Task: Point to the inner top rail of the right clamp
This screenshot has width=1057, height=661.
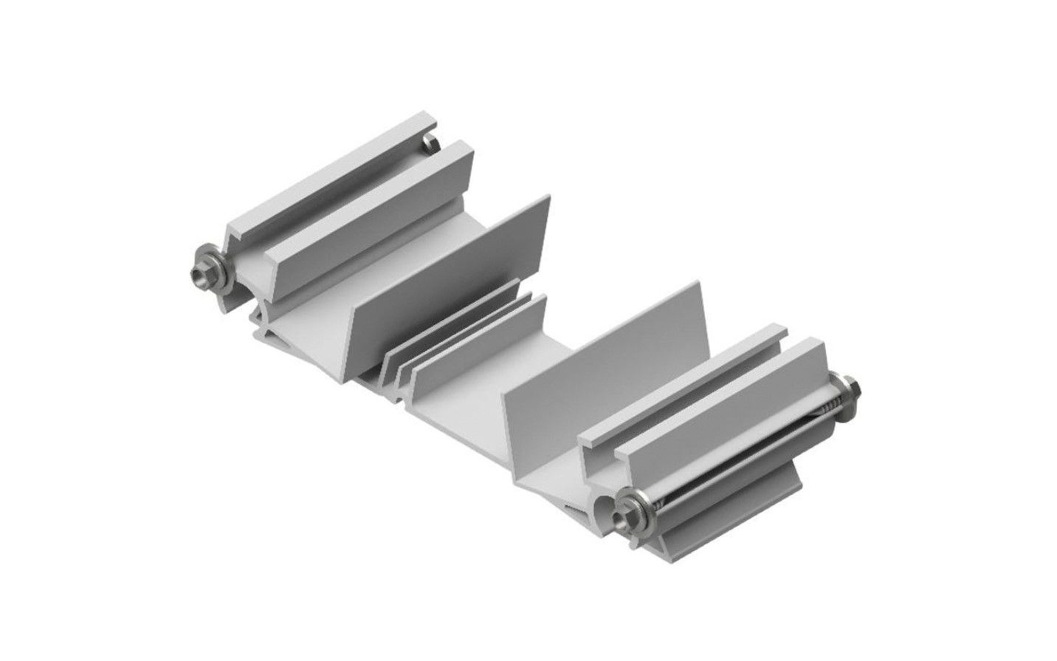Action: pos(683,384)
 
